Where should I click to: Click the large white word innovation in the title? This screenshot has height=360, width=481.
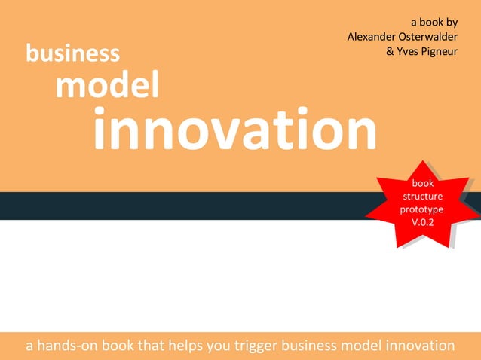tap(234, 129)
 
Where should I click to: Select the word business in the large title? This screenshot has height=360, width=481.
tap(72, 53)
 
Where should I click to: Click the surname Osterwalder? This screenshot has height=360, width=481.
tap(431, 36)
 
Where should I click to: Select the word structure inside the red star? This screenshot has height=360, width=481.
tap(422, 196)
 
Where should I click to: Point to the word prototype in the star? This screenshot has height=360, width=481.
tap(422, 209)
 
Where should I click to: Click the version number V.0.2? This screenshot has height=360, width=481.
tap(422, 222)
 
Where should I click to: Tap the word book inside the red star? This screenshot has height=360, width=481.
tap(422, 183)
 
